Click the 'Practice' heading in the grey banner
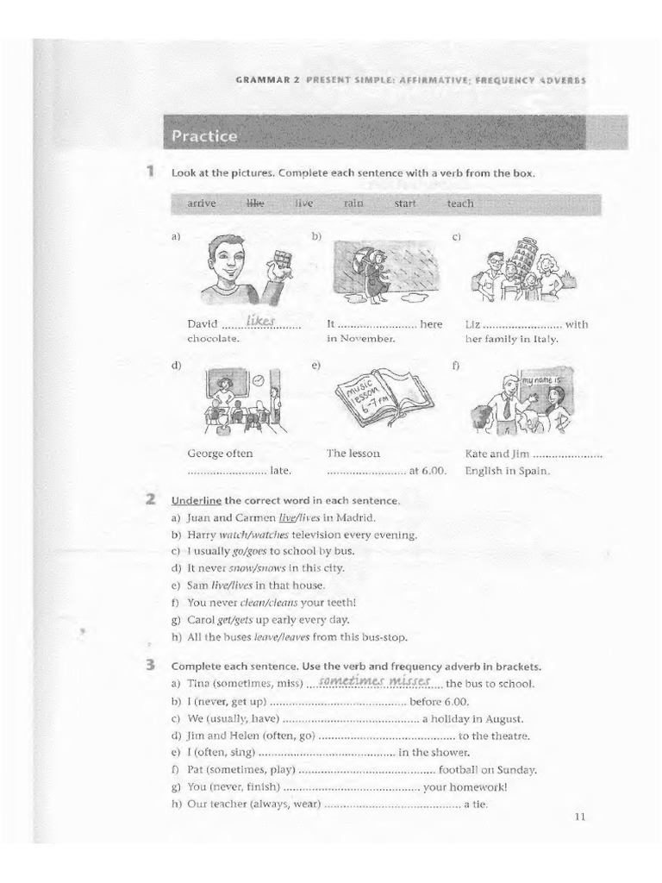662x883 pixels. [203, 135]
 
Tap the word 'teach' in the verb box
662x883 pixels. [460, 204]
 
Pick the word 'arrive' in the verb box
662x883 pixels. [201, 204]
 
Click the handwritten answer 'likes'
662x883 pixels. [259, 321]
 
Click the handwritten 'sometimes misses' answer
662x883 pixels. [373, 681]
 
